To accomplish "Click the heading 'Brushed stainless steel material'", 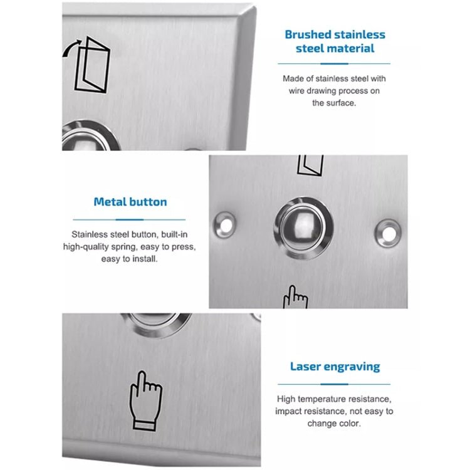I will (x=335, y=41).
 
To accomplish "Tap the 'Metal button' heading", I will (x=130, y=202).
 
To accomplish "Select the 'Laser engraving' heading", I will (x=335, y=367).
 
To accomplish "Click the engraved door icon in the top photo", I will (x=91, y=64).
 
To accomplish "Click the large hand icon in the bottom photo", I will (x=145, y=400).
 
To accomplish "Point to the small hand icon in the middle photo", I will (x=295, y=298).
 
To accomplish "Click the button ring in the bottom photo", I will (x=156, y=323).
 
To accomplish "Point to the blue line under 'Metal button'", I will (x=130, y=220).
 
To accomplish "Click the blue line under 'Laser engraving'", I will (x=335, y=384).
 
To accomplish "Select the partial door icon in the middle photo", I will (x=310, y=165).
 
